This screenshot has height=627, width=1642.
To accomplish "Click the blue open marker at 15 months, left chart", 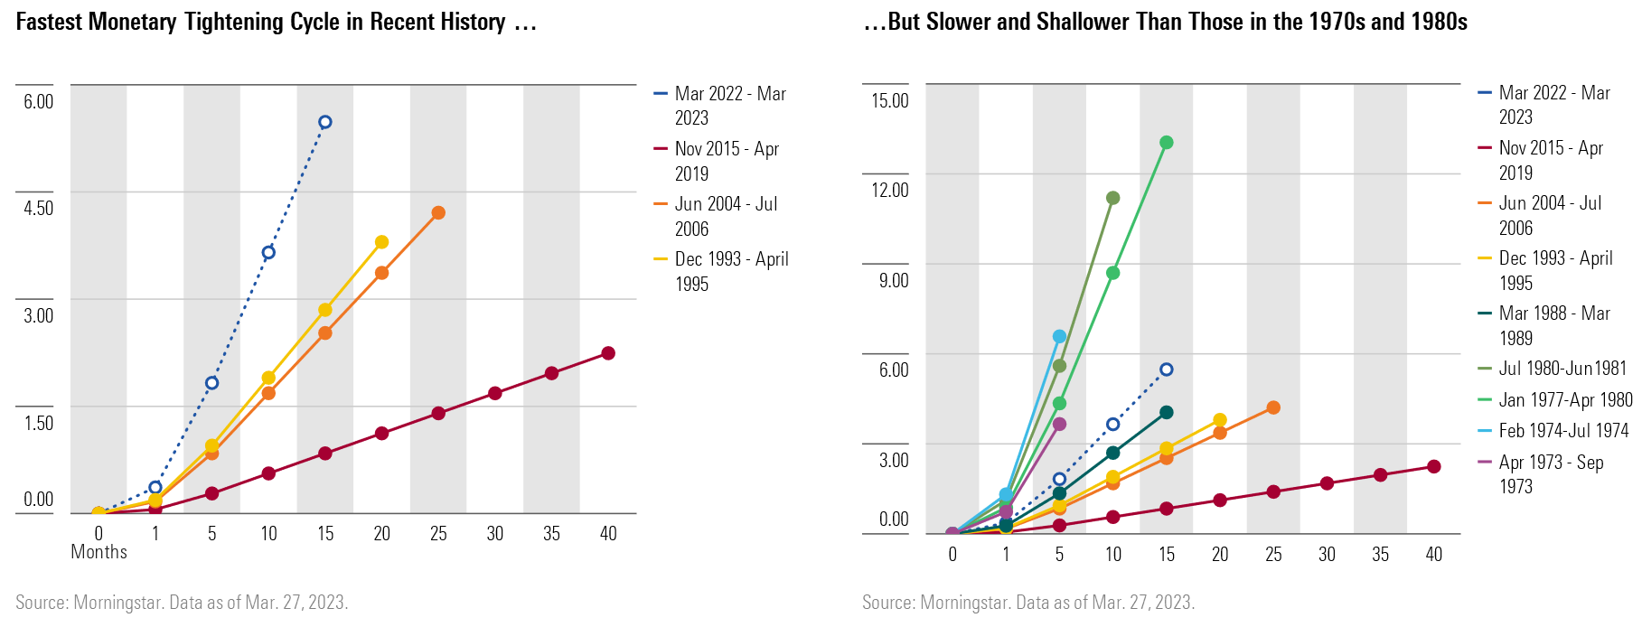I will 325,122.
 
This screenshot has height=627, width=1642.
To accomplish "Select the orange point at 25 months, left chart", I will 438,213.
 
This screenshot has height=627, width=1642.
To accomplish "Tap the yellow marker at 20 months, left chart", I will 381,242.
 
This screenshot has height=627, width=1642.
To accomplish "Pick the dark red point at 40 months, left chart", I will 608,353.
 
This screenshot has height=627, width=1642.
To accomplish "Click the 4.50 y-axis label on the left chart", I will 39,208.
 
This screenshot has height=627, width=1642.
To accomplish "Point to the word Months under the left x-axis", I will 99,552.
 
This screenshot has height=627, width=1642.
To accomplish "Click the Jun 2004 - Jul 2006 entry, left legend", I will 726,216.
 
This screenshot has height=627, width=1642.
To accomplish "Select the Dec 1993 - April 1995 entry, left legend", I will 730,271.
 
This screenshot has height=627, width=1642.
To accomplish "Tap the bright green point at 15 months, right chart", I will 1167,143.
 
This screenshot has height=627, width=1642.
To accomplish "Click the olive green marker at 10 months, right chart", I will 1113,198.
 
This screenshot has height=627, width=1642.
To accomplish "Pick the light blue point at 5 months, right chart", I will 1059,336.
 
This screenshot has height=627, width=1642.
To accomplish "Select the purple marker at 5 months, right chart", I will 1059,424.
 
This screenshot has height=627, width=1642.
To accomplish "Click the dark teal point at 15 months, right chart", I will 1167,412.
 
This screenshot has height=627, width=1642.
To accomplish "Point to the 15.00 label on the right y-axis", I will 889,100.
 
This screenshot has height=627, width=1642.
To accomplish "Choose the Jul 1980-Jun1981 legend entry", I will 1562,369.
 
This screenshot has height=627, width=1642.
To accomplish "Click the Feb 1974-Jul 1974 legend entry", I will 1563,431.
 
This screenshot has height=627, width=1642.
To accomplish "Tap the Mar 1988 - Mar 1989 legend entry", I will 1553,325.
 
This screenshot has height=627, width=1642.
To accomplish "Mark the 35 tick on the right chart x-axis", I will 1380,555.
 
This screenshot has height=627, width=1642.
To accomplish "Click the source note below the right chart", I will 1027,603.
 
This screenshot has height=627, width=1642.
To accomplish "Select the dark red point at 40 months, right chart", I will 1433,466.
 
